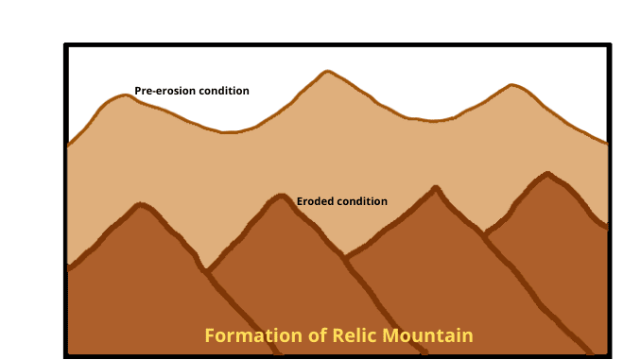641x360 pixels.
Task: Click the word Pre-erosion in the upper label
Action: click(x=164, y=92)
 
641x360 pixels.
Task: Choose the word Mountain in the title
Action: click(x=425, y=335)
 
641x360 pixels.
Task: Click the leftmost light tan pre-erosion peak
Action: click(x=123, y=95)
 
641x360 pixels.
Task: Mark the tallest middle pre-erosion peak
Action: click(x=326, y=72)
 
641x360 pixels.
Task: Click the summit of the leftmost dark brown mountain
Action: click(x=141, y=205)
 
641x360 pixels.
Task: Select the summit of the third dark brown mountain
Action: click(x=435, y=188)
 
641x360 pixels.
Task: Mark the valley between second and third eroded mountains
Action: click(x=346, y=256)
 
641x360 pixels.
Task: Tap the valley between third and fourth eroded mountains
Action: click(x=485, y=232)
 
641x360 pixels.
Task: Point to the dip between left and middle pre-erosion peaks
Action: click(x=227, y=132)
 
